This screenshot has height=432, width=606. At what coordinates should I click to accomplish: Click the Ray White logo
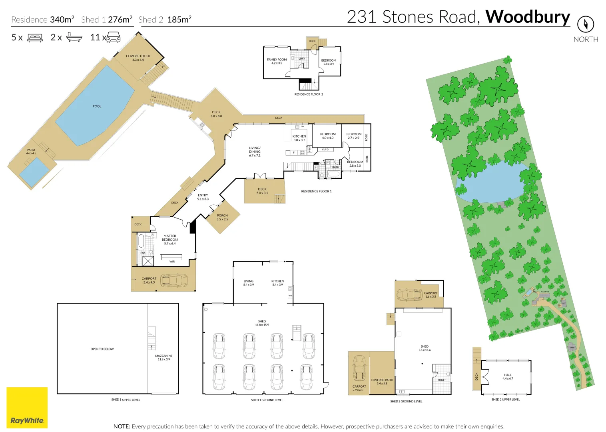tap(27, 408)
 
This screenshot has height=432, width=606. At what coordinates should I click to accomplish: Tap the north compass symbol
tap(586, 24)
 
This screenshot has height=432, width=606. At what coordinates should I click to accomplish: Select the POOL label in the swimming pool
tap(97, 106)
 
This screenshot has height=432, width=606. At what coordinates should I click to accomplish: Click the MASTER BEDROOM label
tap(170, 240)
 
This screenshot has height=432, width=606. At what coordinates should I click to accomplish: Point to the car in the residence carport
tap(174, 280)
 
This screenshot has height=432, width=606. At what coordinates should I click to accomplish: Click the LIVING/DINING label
tap(255, 152)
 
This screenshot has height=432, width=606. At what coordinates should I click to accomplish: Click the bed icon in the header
tap(35, 38)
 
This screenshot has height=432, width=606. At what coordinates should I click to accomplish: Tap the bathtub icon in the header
tap(74, 38)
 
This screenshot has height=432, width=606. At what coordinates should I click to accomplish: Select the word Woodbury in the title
tap(528, 17)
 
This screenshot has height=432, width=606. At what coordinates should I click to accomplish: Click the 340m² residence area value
tap(62, 20)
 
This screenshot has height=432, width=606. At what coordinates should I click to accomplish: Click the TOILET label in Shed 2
tap(442, 380)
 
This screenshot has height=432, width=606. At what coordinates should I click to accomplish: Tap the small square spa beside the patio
tap(34, 172)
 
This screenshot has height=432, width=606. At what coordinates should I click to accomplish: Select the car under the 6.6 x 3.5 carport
tap(409, 295)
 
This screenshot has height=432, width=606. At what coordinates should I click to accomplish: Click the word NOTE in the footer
tap(122, 426)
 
